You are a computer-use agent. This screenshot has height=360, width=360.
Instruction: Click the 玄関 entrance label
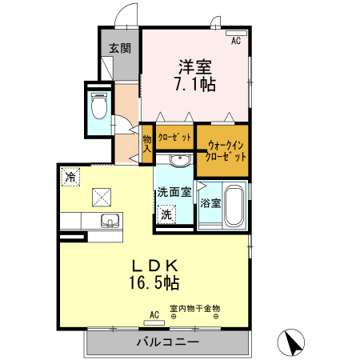(x=120, y=49)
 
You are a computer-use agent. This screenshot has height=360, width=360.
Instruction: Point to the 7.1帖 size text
(x=195, y=82)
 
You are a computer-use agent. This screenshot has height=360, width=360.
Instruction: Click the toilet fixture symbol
(x=99, y=106)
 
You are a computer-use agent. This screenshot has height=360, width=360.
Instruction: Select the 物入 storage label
(x=147, y=143)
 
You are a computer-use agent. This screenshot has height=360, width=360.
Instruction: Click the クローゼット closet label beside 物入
(x=174, y=137)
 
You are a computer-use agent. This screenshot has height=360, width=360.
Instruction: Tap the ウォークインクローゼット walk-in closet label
(x=226, y=151)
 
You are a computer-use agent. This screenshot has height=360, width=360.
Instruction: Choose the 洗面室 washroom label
(x=174, y=193)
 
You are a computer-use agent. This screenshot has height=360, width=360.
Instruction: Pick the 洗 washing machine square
(x=166, y=214)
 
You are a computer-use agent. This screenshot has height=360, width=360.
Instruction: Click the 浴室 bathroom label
(x=210, y=203)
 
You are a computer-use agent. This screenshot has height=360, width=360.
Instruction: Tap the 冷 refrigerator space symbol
(x=71, y=178)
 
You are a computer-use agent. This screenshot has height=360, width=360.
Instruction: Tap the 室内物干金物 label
(x=194, y=307)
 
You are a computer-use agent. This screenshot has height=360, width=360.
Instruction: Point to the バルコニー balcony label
(x=166, y=342)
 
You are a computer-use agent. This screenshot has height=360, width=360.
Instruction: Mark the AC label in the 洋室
(x=235, y=40)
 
